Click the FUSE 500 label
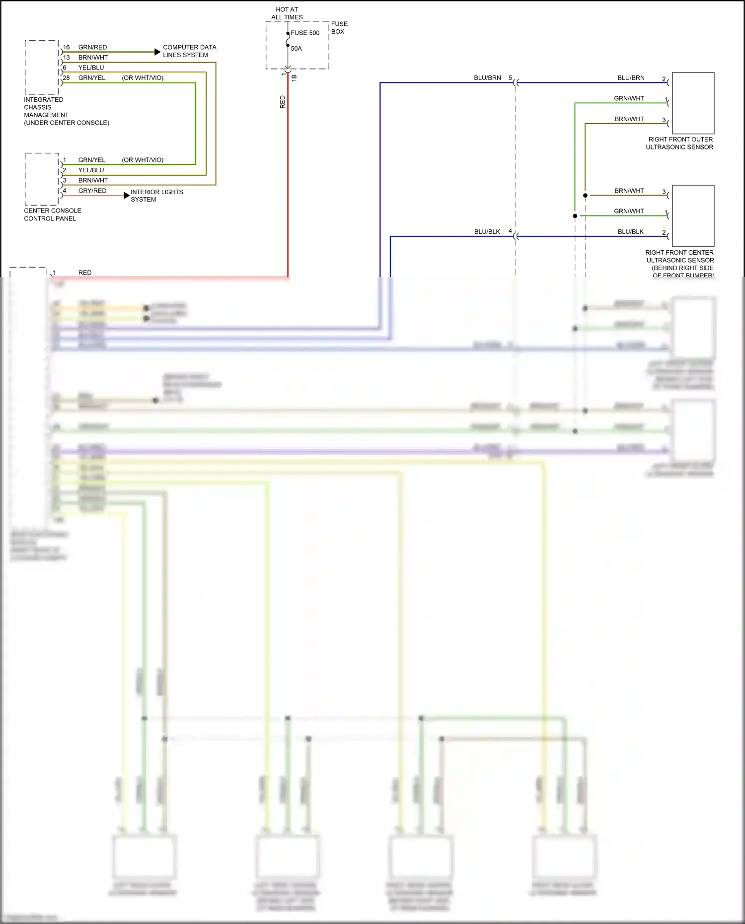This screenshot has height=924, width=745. tap(305, 33)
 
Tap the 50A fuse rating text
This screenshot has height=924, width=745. tap(296, 49)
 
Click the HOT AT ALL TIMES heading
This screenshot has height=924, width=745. tap(287, 13)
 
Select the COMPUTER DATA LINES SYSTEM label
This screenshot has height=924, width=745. tap(189, 51)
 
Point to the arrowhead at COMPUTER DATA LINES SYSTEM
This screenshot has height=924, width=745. tap(158, 52)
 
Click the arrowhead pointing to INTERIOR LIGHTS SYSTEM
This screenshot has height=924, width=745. tap(127, 196)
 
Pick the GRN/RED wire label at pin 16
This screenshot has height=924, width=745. tap(92, 47)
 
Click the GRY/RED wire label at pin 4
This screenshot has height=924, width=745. tap(92, 191)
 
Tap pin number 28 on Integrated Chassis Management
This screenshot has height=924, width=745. tap(66, 78)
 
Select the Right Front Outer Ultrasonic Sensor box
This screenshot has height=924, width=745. tap(693, 103)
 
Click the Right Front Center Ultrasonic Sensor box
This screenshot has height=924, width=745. tap(693, 216)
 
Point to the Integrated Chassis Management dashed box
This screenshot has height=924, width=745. tap(42, 67)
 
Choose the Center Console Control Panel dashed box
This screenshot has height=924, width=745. tap(42, 179)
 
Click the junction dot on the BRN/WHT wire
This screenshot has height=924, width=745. tap(585, 196)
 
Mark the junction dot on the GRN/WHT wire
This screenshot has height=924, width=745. tap(575, 216)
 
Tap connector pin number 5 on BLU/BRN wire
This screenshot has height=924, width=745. tap(510, 78)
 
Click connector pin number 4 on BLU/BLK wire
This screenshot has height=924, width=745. tap(510, 231)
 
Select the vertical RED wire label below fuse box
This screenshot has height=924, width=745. tap(283, 102)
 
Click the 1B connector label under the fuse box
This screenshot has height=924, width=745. tap(294, 77)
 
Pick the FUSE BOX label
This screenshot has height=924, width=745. tap(339, 28)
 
